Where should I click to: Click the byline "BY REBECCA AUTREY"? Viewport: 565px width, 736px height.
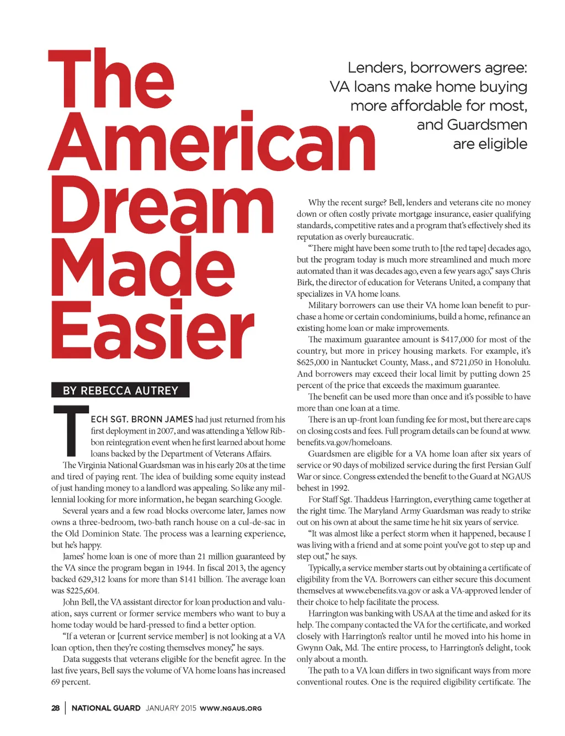[x=120, y=391]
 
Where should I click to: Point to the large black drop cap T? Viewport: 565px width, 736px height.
[x=71, y=430]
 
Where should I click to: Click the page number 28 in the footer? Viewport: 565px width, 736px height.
[x=56, y=708]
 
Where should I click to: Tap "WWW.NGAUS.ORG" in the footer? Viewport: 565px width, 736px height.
[x=231, y=708]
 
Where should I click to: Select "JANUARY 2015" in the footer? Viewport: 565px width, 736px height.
[x=171, y=708]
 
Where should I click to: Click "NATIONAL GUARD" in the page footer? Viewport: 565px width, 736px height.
[x=106, y=708]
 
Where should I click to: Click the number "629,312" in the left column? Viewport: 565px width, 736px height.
[x=98, y=579]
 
